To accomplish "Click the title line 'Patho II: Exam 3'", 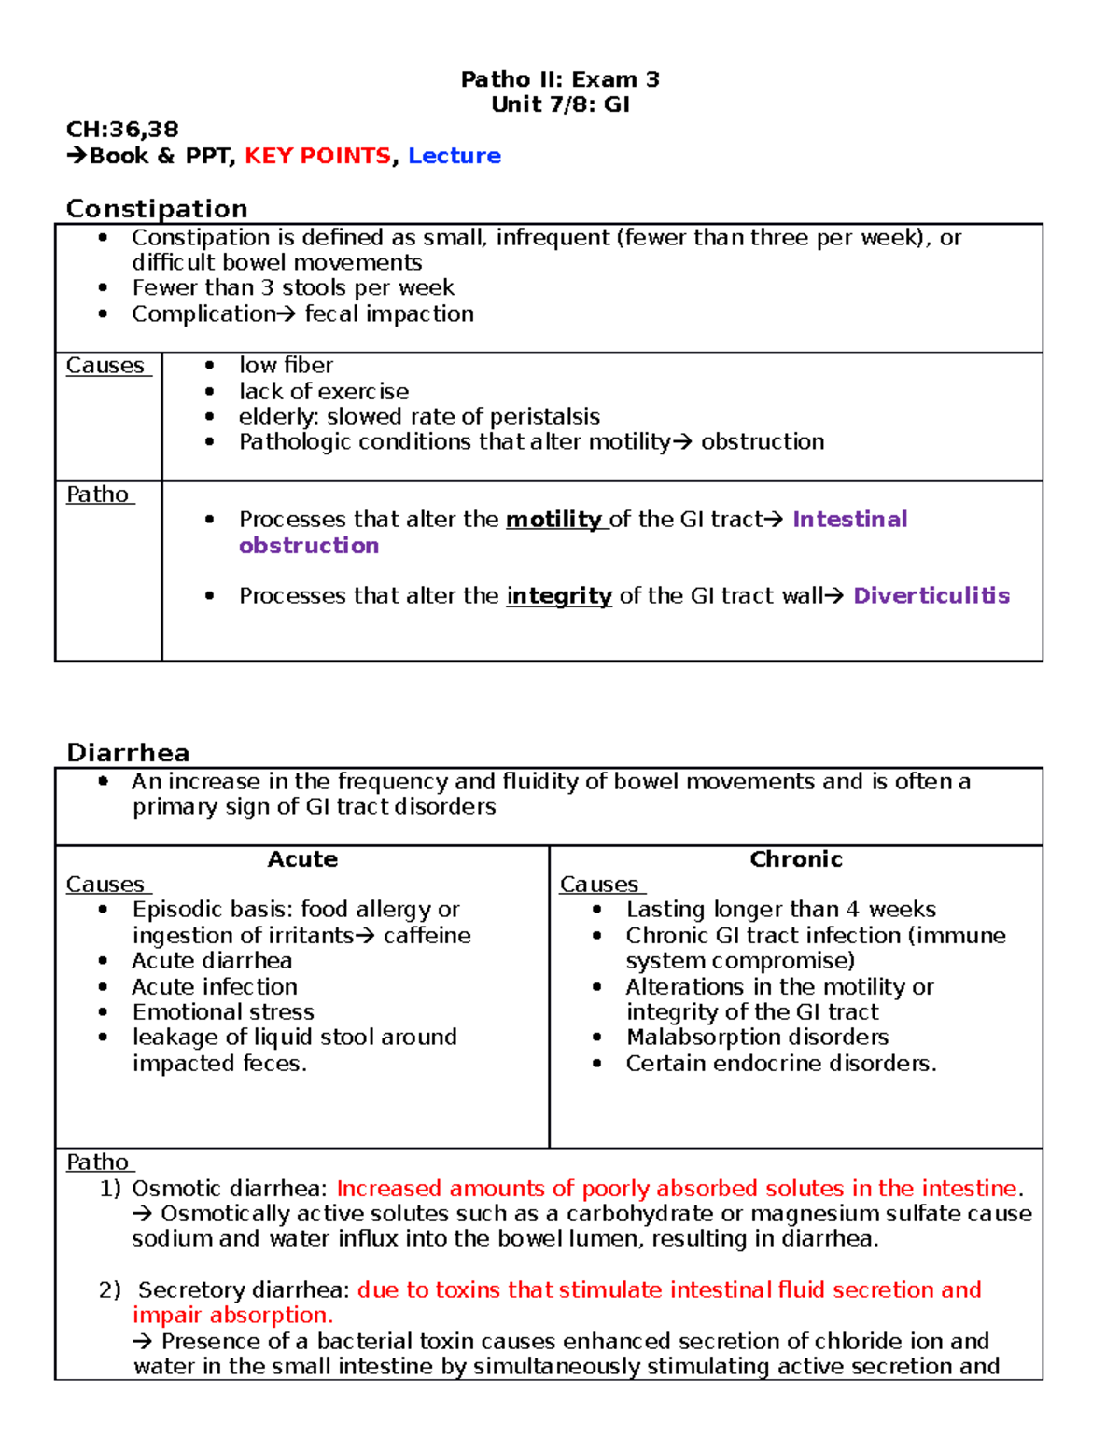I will [560, 79].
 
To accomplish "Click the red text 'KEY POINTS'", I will [317, 156].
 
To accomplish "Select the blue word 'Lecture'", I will [455, 156].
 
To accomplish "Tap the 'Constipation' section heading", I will [157, 208].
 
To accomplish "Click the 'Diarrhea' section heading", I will [128, 752].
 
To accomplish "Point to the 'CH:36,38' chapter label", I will [122, 130].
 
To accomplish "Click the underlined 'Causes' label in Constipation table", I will [105, 366].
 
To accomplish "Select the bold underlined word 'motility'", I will [554, 520].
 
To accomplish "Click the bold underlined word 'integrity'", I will [559, 596].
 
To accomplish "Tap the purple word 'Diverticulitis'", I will [931, 596].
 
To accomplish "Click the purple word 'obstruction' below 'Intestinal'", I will [309, 546].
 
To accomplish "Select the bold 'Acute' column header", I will [302, 859].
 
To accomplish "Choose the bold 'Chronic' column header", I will [796, 859].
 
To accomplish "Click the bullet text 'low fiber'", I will [286, 366].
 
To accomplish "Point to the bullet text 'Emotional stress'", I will [223, 1012].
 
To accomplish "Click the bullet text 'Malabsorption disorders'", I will [757, 1038].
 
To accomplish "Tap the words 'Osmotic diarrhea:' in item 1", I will [230, 1189].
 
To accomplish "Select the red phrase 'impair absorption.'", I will [232, 1316].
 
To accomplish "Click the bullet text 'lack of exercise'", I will [324, 392].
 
